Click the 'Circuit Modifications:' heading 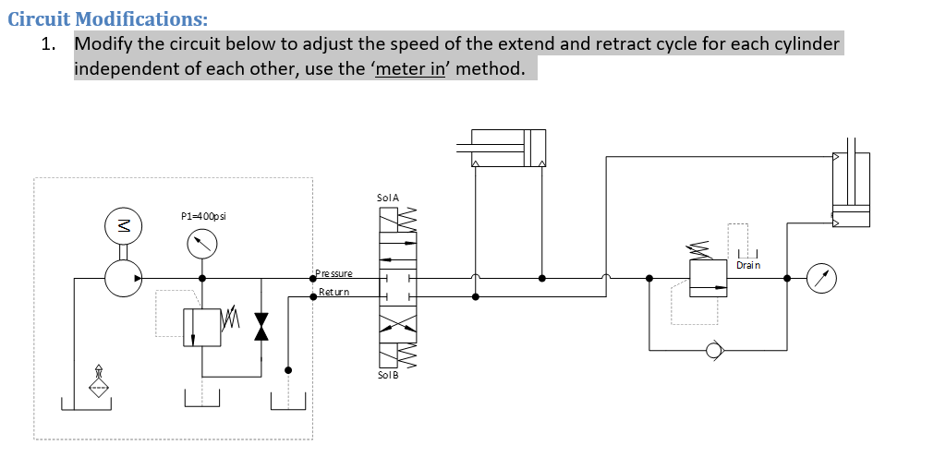107,18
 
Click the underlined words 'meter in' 412,69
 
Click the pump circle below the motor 121,277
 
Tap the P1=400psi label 202,216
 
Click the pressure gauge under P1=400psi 202,244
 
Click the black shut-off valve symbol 261,326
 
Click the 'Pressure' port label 334,273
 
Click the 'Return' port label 334,292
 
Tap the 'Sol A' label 388,198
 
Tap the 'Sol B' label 388,375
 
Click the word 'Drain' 748,265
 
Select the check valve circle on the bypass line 713,350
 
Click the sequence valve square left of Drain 709,278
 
